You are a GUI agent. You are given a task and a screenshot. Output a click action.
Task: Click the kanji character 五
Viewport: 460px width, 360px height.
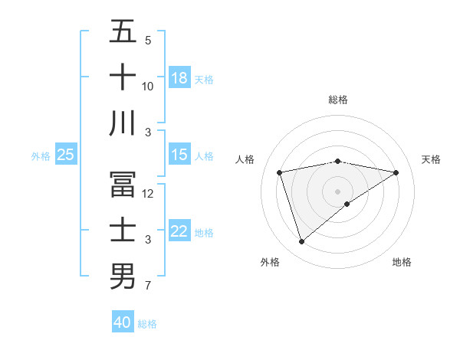tap(123, 33)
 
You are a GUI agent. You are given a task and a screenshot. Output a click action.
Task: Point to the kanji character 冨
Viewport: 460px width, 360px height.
tap(123, 185)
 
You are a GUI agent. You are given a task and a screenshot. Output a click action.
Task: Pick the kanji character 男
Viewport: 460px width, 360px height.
tap(123, 276)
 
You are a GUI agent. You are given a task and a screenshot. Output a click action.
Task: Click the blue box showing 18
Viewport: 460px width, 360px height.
tap(179, 78)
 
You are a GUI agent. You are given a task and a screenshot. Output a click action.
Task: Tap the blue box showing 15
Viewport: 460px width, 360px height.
tap(179, 155)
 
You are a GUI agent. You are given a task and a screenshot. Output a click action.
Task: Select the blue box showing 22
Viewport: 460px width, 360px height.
tap(179, 232)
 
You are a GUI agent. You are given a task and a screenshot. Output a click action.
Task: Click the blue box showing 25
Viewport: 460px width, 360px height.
tap(65, 155)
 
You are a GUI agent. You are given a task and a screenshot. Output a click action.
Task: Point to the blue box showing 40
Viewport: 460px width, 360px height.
tap(123, 322)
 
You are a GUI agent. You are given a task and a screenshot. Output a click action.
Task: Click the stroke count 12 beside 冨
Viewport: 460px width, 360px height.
tap(148, 194)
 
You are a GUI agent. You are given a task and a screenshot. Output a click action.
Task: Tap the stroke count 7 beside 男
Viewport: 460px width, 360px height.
tap(148, 286)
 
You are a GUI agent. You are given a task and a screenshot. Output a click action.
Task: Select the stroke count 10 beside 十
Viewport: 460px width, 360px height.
tap(148, 86)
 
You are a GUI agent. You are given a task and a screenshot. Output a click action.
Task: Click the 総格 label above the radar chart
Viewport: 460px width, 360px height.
tap(337, 100)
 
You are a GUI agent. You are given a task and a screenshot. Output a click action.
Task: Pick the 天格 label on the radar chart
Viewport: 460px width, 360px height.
tap(431, 159)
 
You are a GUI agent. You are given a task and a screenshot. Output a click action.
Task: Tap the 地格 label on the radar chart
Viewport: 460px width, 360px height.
tap(402, 262)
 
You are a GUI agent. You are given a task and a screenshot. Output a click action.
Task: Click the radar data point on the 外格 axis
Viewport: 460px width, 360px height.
tap(301, 242)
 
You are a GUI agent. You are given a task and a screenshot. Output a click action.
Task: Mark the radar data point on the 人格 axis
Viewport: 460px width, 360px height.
tap(280, 172)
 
